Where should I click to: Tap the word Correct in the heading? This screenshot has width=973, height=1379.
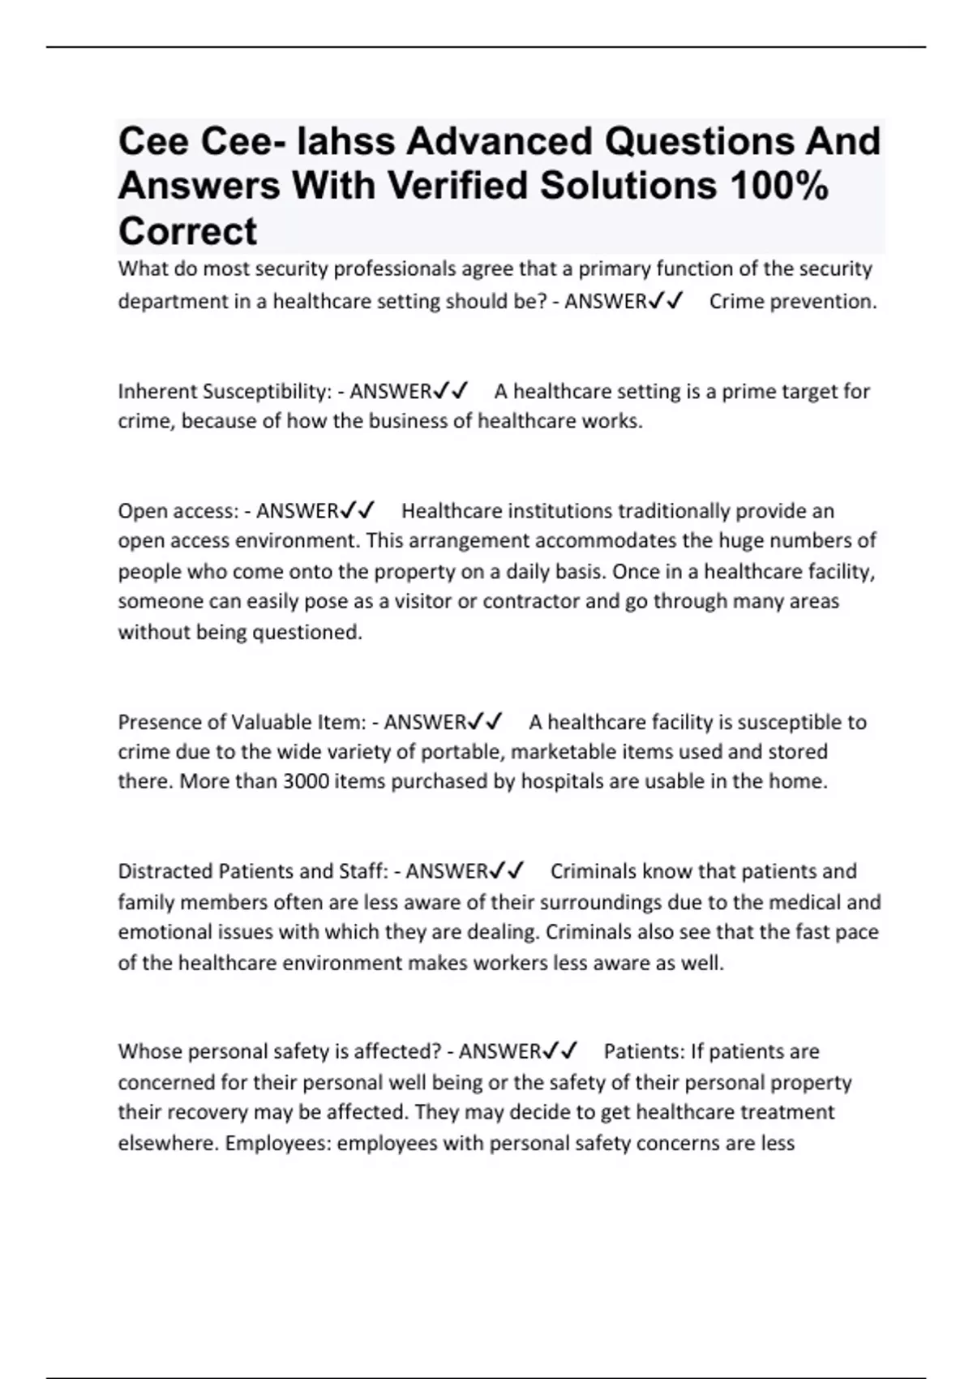click(x=187, y=231)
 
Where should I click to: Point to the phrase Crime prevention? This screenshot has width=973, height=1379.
click(x=793, y=302)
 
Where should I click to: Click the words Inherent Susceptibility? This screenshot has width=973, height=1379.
click(x=224, y=392)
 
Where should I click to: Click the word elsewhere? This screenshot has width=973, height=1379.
click(x=167, y=1144)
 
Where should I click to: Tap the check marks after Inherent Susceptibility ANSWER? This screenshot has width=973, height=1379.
click(x=451, y=392)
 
